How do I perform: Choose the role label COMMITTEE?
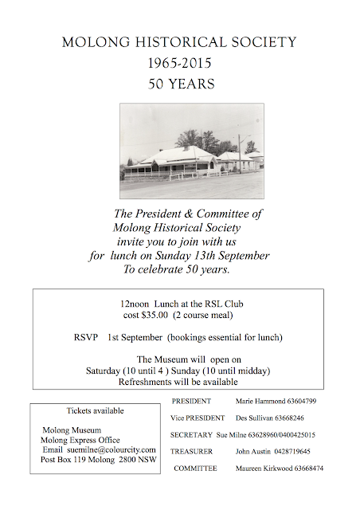[x=196, y=469]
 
